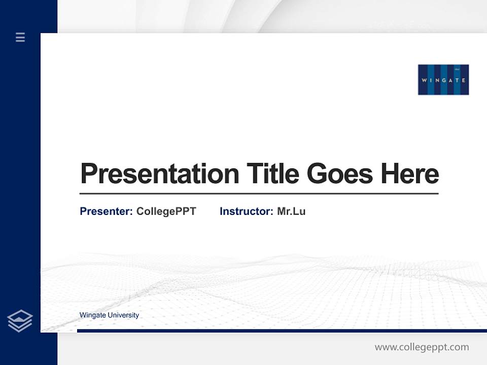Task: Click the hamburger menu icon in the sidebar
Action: (20, 37)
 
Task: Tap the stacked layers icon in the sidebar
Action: (20, 321)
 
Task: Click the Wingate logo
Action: (443, 80)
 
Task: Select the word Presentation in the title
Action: (159, 174)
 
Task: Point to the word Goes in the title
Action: (340, 174)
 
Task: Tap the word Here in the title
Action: (409, 174)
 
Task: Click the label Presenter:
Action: (106, 211)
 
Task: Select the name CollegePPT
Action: (166, 211)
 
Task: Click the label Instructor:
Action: (246, 211)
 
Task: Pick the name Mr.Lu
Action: (291, 211)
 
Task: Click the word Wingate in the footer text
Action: (91, 315)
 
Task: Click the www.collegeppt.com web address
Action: (422, 347)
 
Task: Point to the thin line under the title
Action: (259, 194)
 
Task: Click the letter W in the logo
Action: (424, 80)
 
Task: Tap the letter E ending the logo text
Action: (463, 80)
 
